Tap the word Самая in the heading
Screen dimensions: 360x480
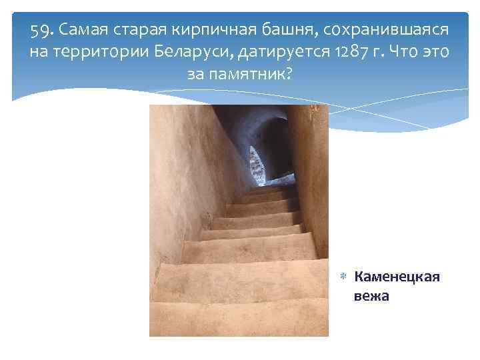(x=83, y=31)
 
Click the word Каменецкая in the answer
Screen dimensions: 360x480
(x=397, y=276)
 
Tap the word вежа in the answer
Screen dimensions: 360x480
(x=371, y=295)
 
